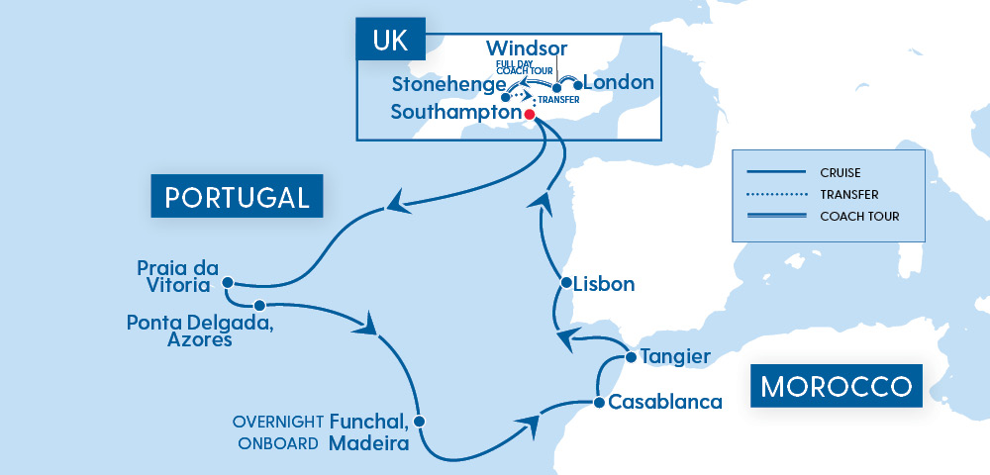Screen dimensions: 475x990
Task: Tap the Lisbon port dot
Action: (x=565, y=283)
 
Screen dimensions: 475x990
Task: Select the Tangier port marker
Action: (x=630, y=356)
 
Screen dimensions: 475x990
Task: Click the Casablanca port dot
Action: (x=598, y=403)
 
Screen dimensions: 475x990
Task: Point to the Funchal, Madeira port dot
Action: (x=419, y=422)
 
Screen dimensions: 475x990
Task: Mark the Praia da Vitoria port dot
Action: (x=227, y=280)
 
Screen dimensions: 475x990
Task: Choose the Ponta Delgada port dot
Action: (x=258, y=305)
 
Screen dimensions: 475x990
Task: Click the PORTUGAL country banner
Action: (x=237, y=197)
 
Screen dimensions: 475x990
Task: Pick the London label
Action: (x=619, y=83)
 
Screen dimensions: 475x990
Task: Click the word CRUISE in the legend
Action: (x=840, y=170)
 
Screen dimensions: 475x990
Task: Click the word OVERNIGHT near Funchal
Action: (x=276, y=422)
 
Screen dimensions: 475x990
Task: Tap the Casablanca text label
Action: (x=658, y=403)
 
